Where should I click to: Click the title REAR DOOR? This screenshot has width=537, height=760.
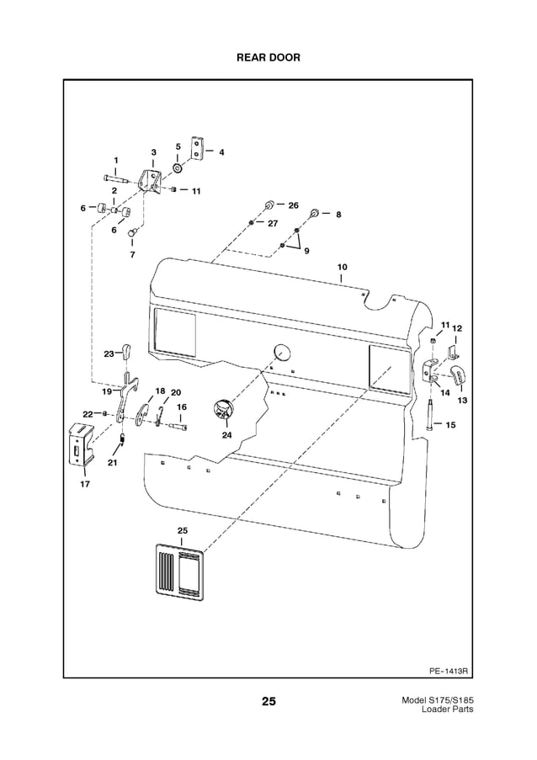coord(268,57)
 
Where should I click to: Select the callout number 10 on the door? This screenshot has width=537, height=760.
coord(342,267)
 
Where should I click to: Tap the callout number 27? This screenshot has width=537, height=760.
coord(272,223)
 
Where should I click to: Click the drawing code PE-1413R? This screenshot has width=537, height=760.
coord(448,672)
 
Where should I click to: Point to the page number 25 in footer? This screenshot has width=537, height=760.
coord(268,701)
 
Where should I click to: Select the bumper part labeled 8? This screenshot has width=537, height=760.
coord(314,213)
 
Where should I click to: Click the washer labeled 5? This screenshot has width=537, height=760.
coord(178,167)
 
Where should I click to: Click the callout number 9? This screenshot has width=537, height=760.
coord(306,251)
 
